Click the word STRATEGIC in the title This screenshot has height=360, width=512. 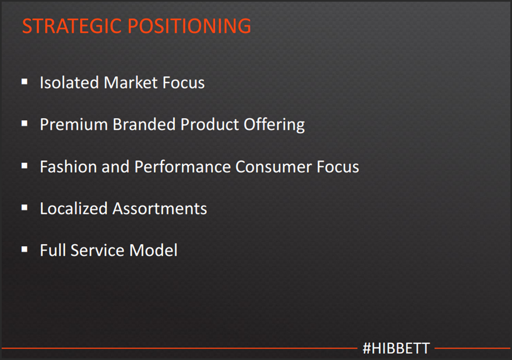[71, 26]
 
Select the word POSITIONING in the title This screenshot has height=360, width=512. [189, 26]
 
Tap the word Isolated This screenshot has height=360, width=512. [69, 82]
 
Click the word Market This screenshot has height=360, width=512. [130, 82]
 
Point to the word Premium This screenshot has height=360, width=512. [74, 124]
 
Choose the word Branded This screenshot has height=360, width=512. [144, 124]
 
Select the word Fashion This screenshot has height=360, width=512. [68, 167]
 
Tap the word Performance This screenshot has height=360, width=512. [182, 167]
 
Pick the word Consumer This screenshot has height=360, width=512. [274, 167]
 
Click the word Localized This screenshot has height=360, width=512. [74, 208]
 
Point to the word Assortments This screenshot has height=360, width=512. [160, 208]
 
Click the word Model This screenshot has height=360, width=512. [153, 250]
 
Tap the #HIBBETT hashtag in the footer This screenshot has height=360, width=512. [396, 348]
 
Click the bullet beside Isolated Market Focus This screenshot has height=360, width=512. [25, 81]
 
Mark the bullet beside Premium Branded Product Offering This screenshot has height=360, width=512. [25, 124]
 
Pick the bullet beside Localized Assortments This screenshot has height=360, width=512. [25, 207]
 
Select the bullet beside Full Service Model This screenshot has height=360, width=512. [25, 250]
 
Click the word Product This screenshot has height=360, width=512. [209, 124]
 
